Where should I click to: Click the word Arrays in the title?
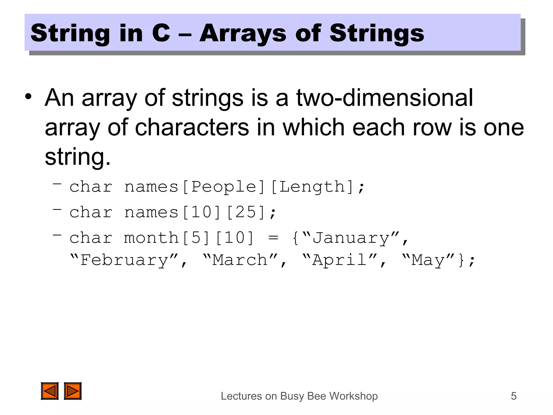coord(242,34)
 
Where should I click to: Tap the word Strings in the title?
coord(377,34)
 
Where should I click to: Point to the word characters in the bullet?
coord(192,127)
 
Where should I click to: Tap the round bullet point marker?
coord(28,96)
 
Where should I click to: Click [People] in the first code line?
coord(224,187)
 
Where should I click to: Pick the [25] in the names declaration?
coord(246,212)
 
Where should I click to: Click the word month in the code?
coord(151,238)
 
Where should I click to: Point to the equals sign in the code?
coord(273,238)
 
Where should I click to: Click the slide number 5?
coord(514,396)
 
